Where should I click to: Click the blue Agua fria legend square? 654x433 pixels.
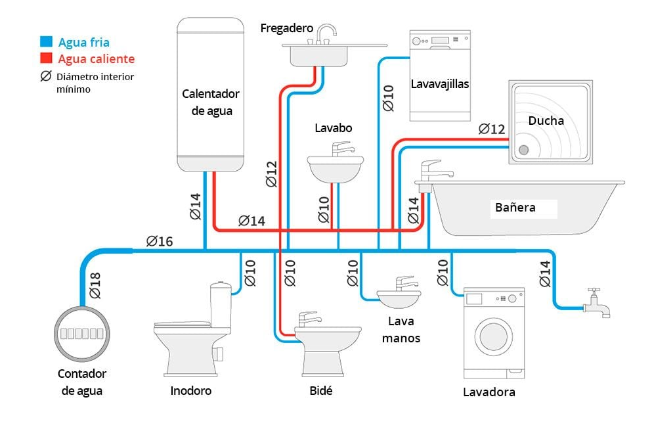click(45, 42)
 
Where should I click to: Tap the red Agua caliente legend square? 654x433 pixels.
click(45, 58)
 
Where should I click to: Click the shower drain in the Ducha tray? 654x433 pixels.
click(523, 150)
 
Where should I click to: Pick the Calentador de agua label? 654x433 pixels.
click(211, 103)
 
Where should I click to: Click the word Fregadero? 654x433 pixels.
click(286, 28)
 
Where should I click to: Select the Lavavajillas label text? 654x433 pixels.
click(440, 84)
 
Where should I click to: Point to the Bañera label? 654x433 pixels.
click(515, 208)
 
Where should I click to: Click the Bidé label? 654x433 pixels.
click(320, 391)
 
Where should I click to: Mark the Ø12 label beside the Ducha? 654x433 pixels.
click(492, 129)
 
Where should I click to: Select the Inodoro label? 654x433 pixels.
click(190, 391)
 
